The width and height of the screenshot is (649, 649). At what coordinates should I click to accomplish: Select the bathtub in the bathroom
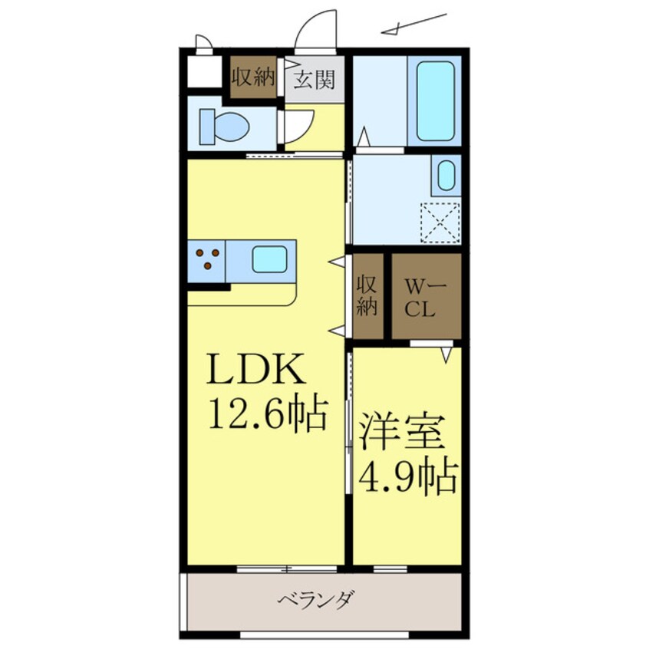(x=435, y=101)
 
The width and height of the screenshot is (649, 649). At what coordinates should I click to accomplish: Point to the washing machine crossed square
(x=440, y=222)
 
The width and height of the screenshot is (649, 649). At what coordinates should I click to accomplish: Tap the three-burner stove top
(x=208, y=259)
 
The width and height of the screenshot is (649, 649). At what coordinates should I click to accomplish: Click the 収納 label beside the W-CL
(x=367, y=295)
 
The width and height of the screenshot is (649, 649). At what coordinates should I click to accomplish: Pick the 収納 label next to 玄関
(x=254, y=77)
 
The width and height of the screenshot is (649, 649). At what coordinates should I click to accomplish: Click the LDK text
(x=255, y=374)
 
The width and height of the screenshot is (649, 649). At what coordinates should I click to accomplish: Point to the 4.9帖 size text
(x=407, y=477)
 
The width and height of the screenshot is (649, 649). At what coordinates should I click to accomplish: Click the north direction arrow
(x=414, y=25)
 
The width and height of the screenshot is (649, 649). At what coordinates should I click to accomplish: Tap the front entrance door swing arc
(x=317, y=31)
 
